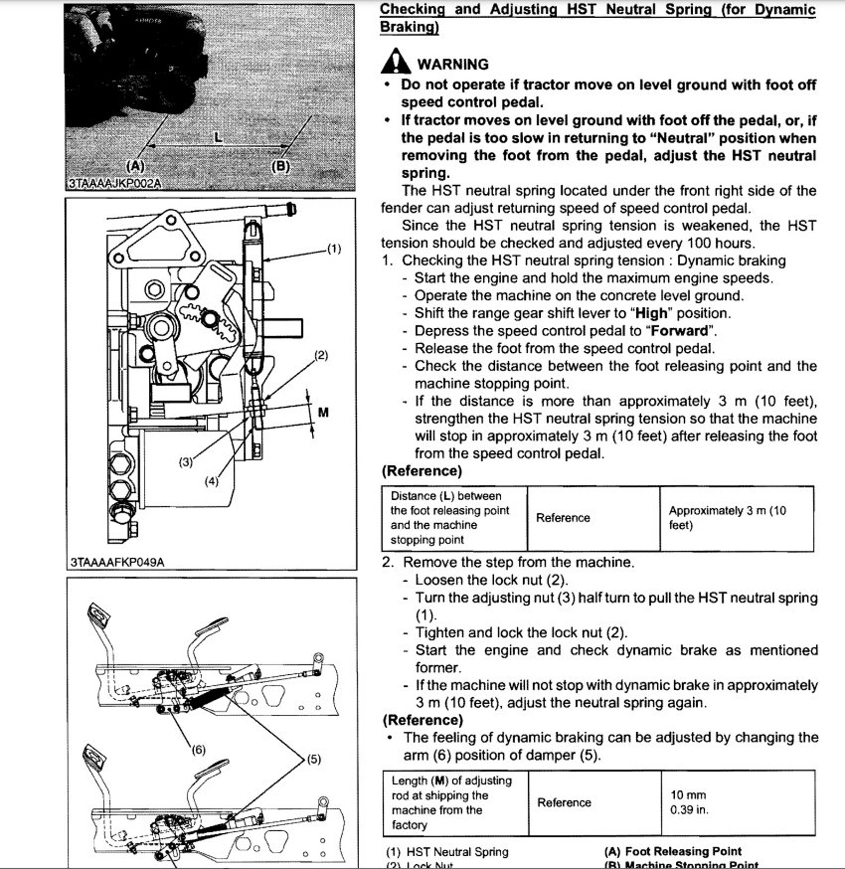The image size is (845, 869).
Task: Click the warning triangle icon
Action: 395,62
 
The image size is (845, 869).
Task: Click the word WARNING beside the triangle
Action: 453,64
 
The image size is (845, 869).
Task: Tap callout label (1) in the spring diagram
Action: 334,249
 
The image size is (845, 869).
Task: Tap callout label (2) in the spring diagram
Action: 321,355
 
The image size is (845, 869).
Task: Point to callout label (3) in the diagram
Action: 185,462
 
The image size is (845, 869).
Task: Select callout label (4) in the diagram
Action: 211,481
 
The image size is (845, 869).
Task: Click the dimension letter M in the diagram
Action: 323,412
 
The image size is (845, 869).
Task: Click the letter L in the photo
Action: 218,138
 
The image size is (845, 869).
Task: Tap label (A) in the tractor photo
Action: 135,166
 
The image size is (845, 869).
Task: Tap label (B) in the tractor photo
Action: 280,166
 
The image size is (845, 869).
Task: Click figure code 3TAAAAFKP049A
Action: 117,562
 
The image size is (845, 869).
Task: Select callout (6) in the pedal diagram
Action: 198,750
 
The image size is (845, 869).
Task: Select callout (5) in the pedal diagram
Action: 314,759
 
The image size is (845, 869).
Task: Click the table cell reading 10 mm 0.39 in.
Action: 689,802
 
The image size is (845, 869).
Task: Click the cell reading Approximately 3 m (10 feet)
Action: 727,518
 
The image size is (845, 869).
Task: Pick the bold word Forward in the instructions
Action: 680,330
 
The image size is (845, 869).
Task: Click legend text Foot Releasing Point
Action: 683,851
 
